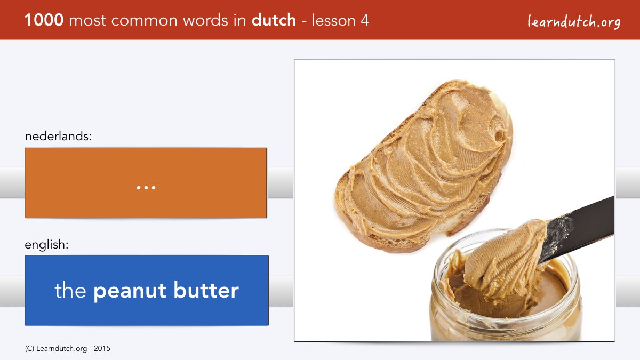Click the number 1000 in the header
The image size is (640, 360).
point(44,20)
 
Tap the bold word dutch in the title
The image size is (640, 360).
point(274,20)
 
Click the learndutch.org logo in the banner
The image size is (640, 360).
point(574,22)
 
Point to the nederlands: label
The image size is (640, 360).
point(58,136)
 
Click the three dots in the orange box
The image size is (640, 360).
point(146,188)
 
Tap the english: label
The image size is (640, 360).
point(46,245)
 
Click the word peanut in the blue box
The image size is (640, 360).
point(130,291)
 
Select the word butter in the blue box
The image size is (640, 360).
point(206,290)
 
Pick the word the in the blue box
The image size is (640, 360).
point(70,290)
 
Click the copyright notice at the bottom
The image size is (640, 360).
point(67,349)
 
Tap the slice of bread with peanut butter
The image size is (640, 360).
point(423,166)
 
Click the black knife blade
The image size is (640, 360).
point(577,229)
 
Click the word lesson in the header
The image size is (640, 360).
point(333,21)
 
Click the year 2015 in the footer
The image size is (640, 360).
point(102,349)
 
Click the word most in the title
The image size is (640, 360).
point(87,21)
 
